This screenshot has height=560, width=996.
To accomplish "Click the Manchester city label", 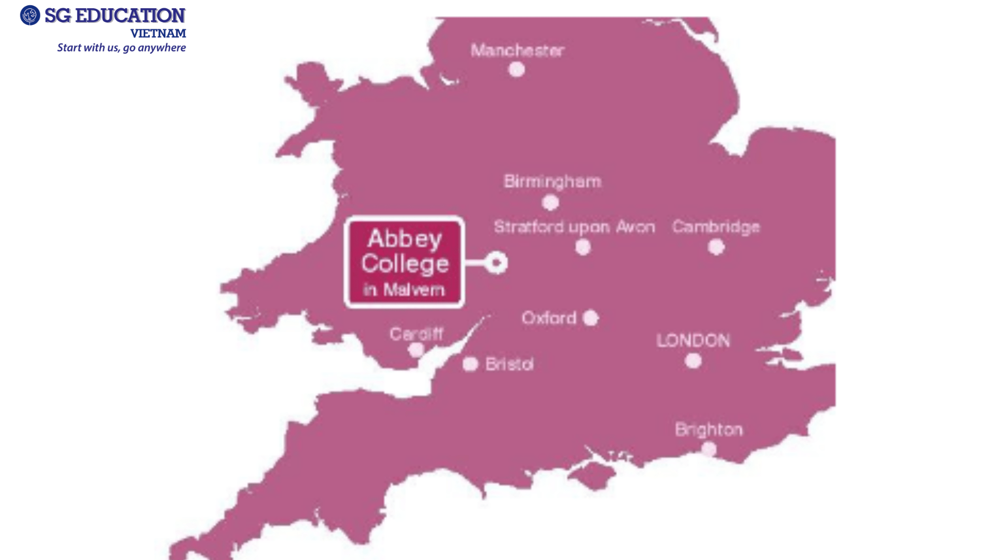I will (517, 50).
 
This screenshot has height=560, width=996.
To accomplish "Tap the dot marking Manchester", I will (516, 69).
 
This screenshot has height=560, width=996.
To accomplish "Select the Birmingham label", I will (552, 181).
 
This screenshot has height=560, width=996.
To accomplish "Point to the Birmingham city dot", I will (550, 202).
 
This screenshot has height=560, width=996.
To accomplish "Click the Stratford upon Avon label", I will (574, 227).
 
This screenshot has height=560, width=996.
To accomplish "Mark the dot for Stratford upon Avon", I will (583, 247).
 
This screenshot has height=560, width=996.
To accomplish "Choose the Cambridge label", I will (716, 227).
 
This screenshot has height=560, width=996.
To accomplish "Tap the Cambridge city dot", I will (716, 247).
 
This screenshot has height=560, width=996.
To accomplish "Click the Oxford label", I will (549, 318).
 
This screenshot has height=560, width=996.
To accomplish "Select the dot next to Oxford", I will (590, 318).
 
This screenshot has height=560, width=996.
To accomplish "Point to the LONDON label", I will (693, 341).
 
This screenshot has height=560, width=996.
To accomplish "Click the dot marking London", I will (693, 361).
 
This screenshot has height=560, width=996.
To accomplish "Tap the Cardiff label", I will (417, 334).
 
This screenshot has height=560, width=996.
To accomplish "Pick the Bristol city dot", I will (470, 364).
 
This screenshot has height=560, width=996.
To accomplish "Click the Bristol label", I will (509, 365).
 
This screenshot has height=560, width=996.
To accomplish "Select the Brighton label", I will (709, 430).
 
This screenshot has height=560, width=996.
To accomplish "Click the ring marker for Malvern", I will (496, 263).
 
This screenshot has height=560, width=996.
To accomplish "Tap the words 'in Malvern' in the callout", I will (404, 289).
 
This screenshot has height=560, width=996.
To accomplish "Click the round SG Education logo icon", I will (30, 16).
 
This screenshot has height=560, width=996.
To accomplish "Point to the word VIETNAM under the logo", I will (158, 34).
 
